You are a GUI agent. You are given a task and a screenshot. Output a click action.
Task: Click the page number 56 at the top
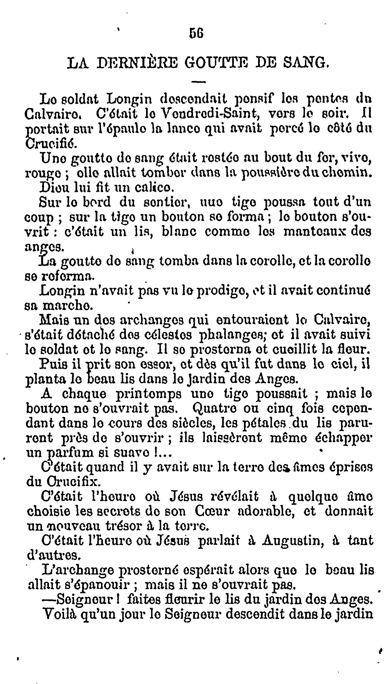(196, 34)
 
